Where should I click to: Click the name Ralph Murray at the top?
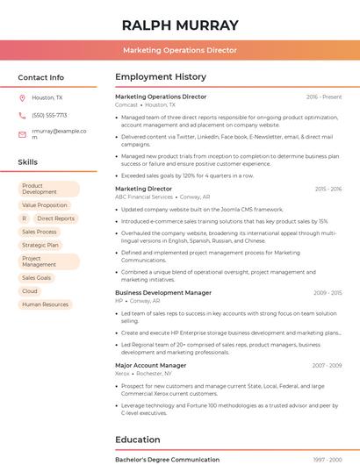(x=180, y=25)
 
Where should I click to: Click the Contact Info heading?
(x=40, y=77)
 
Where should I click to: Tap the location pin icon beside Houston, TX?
(x=22, y=97)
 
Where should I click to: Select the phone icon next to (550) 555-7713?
(x=22, y=115)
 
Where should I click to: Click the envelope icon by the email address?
(x=22, y=134)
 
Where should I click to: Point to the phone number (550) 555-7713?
(x=49, y=115)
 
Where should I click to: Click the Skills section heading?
(x=28, y=162)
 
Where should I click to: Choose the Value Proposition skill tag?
(x=45, y=205)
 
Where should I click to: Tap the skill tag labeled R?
(x=25, y=218)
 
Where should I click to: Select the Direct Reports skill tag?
(x=55, y=218)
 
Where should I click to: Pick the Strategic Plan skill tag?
(x=40, y=246)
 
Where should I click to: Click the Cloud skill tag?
(x=30, y=291)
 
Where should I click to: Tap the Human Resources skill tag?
(x=45, y=304)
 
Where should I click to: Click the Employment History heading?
(x=161, y=77)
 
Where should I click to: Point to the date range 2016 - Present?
(x=324, y=97)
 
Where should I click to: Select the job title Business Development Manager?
(x=163, y=292)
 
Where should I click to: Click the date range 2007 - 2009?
(x=327, y=365)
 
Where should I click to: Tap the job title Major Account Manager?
(x=151, y=365)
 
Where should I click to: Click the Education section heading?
(x=138, y=440)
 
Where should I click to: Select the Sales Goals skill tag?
(x=37, y=278)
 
